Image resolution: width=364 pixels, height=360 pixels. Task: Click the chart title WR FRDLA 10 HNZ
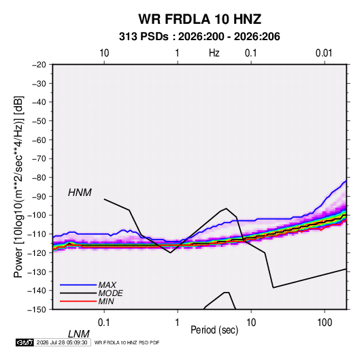click(200, 19)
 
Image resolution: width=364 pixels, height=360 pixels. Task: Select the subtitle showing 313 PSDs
click(199, 37)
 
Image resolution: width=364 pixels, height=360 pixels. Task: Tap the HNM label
click(80, 193)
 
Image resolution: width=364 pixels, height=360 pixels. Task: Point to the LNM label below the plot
click(79, 334)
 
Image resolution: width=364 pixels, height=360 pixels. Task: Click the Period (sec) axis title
click(214, 330)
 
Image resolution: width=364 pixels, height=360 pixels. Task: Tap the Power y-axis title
click(18, 186)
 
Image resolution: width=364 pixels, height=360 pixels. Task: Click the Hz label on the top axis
click(214, 53)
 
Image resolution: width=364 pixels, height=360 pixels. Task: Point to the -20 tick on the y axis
click(39, 65)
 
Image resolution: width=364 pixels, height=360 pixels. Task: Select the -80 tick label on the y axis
click(39, 178)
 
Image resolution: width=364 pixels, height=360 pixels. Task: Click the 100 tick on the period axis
click(325, 323)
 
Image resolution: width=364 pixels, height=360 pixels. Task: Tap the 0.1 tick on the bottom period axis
click(104, 323)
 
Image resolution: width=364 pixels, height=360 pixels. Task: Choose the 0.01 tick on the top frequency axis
click(324, 53)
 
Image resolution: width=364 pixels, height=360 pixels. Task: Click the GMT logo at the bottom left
click(24, 342)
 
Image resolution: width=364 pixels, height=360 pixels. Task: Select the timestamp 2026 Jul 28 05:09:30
click(62, 342)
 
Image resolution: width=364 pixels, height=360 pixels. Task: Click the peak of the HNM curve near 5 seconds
click(226, 208)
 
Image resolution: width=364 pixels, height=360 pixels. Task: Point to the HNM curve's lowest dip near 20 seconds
click(274, 288)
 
